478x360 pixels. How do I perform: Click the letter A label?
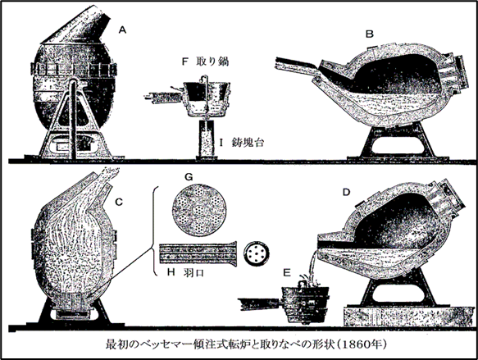(122, 30)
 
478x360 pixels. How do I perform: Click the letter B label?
(370, 34)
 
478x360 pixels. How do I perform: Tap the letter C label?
(119, 202)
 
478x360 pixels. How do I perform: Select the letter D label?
(346, 193)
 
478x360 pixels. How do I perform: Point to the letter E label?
(287, 272)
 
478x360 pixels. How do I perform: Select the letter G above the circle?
(189, 177)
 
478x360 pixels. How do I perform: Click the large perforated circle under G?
(199, 210)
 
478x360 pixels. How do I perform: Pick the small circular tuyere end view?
(257, 253)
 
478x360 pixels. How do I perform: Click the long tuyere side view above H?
(198, 253)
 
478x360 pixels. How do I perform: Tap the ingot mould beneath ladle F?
(206, 139)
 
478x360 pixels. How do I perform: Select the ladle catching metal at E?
(306, 304)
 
